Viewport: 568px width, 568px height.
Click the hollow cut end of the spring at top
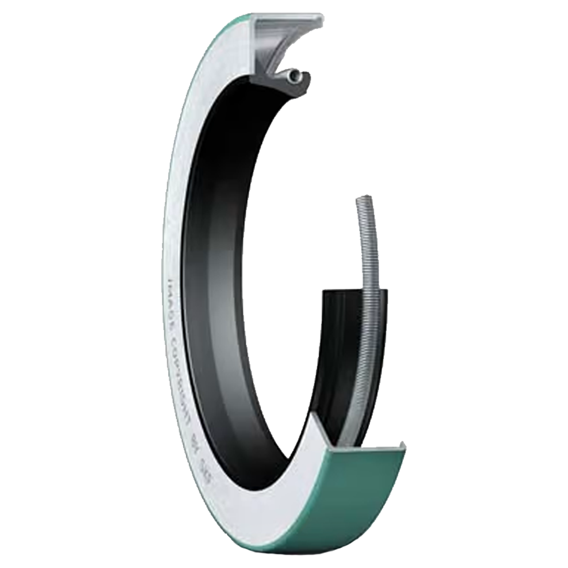[295, 76]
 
